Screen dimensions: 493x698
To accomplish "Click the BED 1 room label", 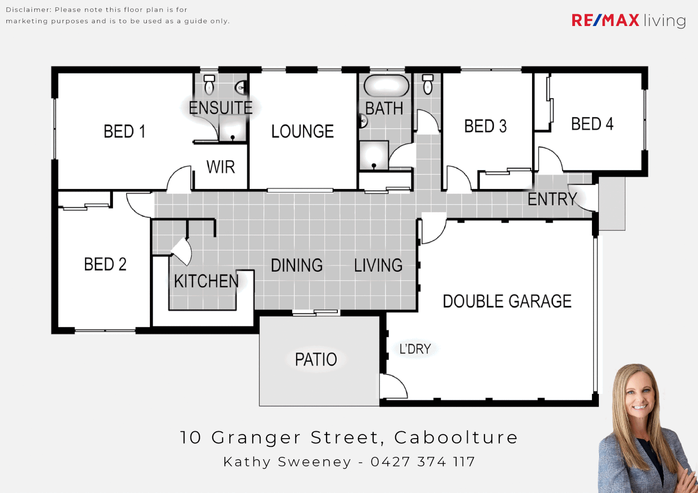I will [x=124, y=131].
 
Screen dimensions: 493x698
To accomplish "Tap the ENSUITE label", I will [x=220, y=108].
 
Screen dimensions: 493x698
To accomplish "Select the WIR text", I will [x=220, y=167].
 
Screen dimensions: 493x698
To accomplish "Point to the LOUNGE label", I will [x=302, y=131].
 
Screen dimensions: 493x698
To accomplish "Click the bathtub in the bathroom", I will [x=386, y=86].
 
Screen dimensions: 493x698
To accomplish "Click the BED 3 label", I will [x=485, y=126].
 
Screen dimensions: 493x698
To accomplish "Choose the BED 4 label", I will [x=592, y=124].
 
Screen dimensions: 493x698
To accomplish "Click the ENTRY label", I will [x=552, y=199].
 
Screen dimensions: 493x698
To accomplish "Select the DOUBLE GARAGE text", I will [x=507, y=301].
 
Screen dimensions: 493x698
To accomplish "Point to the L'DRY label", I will [x=415, y=349].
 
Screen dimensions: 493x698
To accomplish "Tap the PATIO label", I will [x=316, y=360].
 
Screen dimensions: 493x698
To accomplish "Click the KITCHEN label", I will [x=206, y=281].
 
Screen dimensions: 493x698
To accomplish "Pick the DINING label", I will [x=297, y=265].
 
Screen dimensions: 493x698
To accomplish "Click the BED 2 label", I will [x=105, y=264].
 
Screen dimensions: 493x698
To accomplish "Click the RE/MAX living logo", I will [x=629, y=21].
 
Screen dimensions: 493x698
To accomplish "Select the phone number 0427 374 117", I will [x=423, y=462].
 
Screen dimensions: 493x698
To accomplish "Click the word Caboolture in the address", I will [x=456, y=437].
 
